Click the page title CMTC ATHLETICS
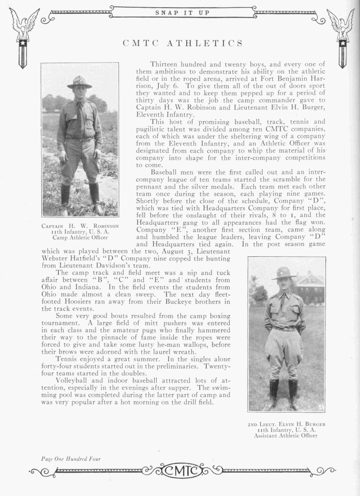tap(183, 43)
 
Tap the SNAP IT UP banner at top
tap(183, 12)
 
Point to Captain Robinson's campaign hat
tap(79, 82)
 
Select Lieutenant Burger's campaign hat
tap(284, 273)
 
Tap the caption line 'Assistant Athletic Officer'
tap(286, 436)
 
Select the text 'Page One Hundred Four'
tap(71, 458)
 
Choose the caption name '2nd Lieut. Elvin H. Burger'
tap(286, 424)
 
